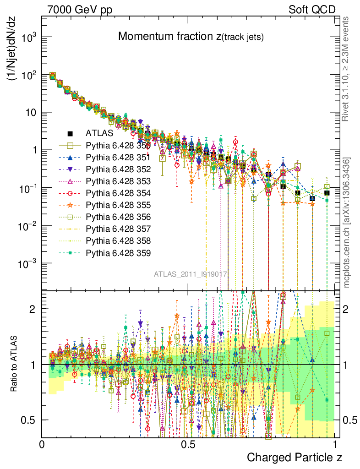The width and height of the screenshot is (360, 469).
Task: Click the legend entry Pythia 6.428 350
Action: [x=118, y=145]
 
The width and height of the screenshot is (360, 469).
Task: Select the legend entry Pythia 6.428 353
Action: [x=118, y=181]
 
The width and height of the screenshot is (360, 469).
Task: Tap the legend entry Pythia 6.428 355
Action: [x=118, y=205]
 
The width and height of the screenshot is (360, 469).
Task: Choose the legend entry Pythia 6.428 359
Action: [x=118, y=252]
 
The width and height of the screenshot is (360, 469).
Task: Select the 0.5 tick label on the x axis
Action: [x=187, y=445]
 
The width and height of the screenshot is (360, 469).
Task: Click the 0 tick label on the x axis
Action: [x=42, y=445]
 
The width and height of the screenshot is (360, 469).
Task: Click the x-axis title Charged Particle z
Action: [x=295, y=457]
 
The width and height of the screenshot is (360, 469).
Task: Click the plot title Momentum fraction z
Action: [x=191, y=37]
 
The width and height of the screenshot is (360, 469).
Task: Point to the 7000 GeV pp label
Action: [x=76, y=9]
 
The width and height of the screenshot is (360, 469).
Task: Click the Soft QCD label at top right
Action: [x=311, y=9]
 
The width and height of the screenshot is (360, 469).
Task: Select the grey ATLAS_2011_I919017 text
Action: [x=191, y=274]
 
